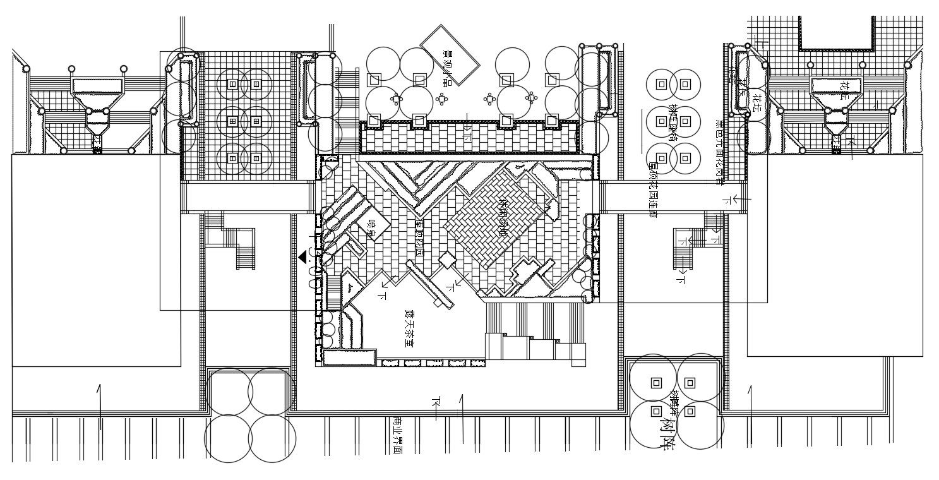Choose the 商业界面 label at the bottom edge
(397, 435)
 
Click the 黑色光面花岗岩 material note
(717, 152)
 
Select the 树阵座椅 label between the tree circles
(674, 123)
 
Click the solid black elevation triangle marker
(303, 256)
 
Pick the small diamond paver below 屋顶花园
(447, 259)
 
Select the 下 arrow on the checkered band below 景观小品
(468, 133)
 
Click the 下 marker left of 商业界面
(435, 402)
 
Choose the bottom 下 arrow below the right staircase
(681, 279)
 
